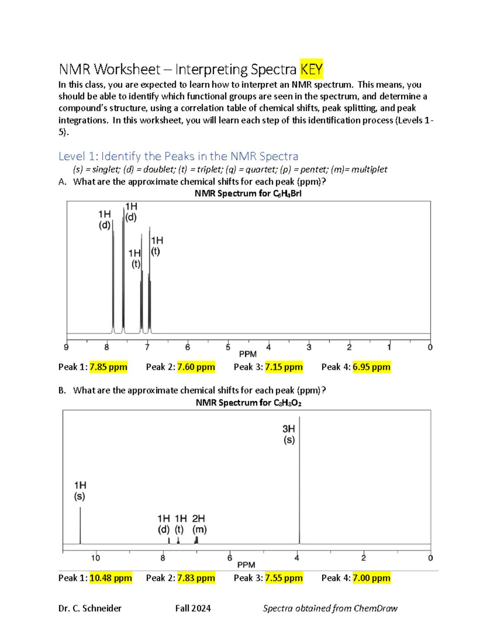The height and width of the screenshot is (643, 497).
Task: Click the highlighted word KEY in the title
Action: (x=311, y=69)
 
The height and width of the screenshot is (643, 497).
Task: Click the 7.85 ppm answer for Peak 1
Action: (x=108, y=367)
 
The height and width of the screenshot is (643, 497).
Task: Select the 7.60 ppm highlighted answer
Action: (x=196, y=367)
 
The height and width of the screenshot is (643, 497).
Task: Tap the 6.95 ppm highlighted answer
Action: (x=371, y=367)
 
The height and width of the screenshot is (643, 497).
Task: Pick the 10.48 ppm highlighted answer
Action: (x=111, y=578)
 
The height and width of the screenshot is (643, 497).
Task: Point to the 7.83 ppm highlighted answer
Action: (x=196, y=578)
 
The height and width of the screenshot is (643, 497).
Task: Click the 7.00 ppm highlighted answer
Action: (x=371, y=578)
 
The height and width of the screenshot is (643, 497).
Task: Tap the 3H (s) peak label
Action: (x=289, y=434)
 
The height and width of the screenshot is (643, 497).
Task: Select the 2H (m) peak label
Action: (x=199, y=524)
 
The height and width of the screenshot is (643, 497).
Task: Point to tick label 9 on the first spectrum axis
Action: (x=66, y=347)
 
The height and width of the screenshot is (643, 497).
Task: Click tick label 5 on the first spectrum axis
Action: (x=228, y=347)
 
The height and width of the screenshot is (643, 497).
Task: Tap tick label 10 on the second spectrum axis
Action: (x=96, y=558)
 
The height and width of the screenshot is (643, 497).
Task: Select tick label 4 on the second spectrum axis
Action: (x=297, y=558)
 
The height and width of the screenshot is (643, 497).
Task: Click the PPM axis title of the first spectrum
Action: (x=248, y=354)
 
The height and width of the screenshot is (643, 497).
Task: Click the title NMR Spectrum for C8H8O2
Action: (x=248, y=402)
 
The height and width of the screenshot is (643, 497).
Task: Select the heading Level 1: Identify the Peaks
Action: (x=178, y=156)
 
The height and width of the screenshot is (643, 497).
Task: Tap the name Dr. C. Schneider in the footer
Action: (x=90, y=608)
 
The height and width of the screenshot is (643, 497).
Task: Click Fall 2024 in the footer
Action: (x=193, y=608)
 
